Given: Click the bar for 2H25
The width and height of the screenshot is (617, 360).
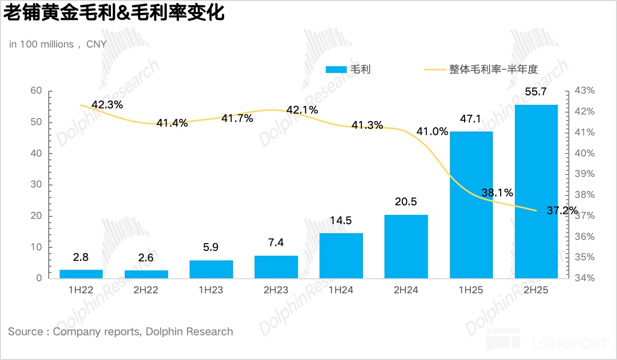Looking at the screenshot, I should click(536, 191).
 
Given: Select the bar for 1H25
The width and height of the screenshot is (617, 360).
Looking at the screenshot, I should click(471, 204).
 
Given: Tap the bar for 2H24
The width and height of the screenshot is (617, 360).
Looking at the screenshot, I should click(406, 246).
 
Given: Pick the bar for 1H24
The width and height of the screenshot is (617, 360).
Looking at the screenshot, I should click(341, 256).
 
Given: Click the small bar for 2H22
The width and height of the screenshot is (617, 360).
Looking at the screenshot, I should click(146, 274).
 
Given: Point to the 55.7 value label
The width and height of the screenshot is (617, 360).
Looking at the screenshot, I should click(536, 92).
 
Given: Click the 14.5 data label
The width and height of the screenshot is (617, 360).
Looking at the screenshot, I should click(341, 221).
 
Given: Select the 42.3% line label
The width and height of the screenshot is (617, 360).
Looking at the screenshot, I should click(107, 105).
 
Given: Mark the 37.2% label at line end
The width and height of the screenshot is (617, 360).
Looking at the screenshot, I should click(563, 211).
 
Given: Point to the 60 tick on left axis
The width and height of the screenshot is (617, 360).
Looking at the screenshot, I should click(36, 91).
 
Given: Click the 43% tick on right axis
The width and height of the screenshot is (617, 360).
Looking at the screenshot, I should click(584, 91).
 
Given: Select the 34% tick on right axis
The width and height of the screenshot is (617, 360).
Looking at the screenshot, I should click(584, 278).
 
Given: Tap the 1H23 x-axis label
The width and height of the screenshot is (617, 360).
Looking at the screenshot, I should click(211, 290).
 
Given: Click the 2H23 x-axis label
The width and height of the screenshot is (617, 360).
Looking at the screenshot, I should click(276, 290).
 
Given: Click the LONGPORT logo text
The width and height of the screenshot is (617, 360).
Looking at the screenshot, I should click(570, 344).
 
